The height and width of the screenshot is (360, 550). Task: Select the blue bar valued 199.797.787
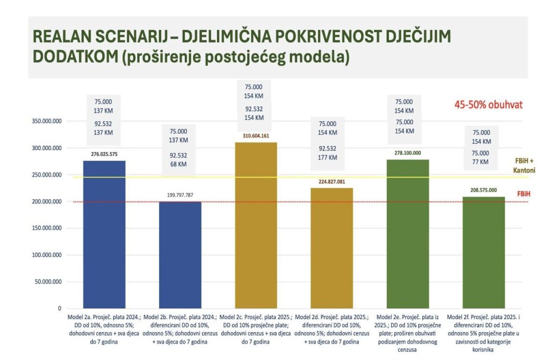pyautogui.click(x=180, y=255)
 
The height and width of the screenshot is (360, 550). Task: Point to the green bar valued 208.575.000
pyautogui.click(x=483, y=253)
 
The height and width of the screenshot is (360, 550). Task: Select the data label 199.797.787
pyautogui.click(x=180, y=196)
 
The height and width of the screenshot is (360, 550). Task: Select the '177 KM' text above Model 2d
pyautogui.click(x=328, y=157)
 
